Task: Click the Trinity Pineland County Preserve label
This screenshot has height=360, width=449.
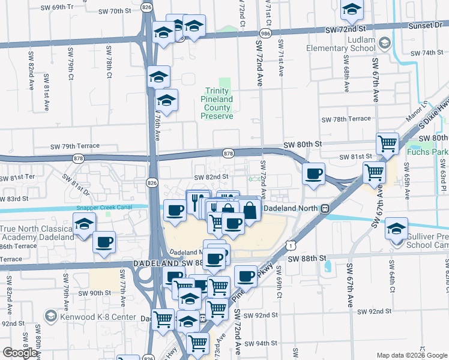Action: (216, 103)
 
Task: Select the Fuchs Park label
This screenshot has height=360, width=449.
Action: (427, 152)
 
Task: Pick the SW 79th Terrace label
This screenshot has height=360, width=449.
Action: (75, 146)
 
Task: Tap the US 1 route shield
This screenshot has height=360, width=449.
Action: (291, 245)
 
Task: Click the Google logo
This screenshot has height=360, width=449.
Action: (20, 353)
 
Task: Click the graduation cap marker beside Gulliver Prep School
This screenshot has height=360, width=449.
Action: (397, 230)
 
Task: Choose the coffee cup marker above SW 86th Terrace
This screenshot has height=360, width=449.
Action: (104, 242)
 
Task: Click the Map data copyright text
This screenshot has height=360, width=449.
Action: (412, 355)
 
